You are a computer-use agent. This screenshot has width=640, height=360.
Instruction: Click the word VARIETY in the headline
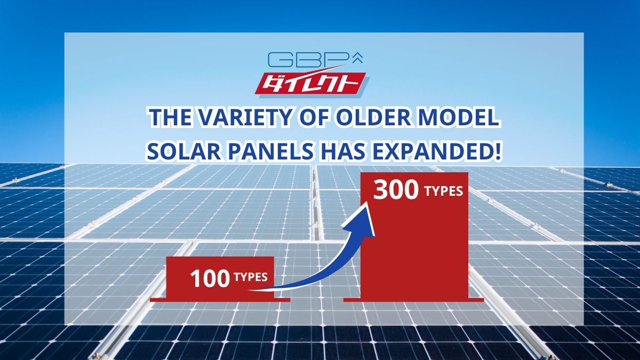pos(244,117)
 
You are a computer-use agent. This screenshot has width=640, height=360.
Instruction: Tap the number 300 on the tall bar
pos(396,190)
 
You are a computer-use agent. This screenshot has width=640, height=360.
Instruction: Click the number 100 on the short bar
pos(210,279)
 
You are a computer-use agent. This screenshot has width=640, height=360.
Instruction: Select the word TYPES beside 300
pos(444,191)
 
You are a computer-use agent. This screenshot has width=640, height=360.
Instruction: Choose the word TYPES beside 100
pos(251,277)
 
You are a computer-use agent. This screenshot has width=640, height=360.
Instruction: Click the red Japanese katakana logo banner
pos(310,84)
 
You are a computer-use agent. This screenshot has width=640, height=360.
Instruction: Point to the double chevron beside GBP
pos(358,58)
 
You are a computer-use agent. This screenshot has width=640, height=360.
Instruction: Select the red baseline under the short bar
pos(220,300)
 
